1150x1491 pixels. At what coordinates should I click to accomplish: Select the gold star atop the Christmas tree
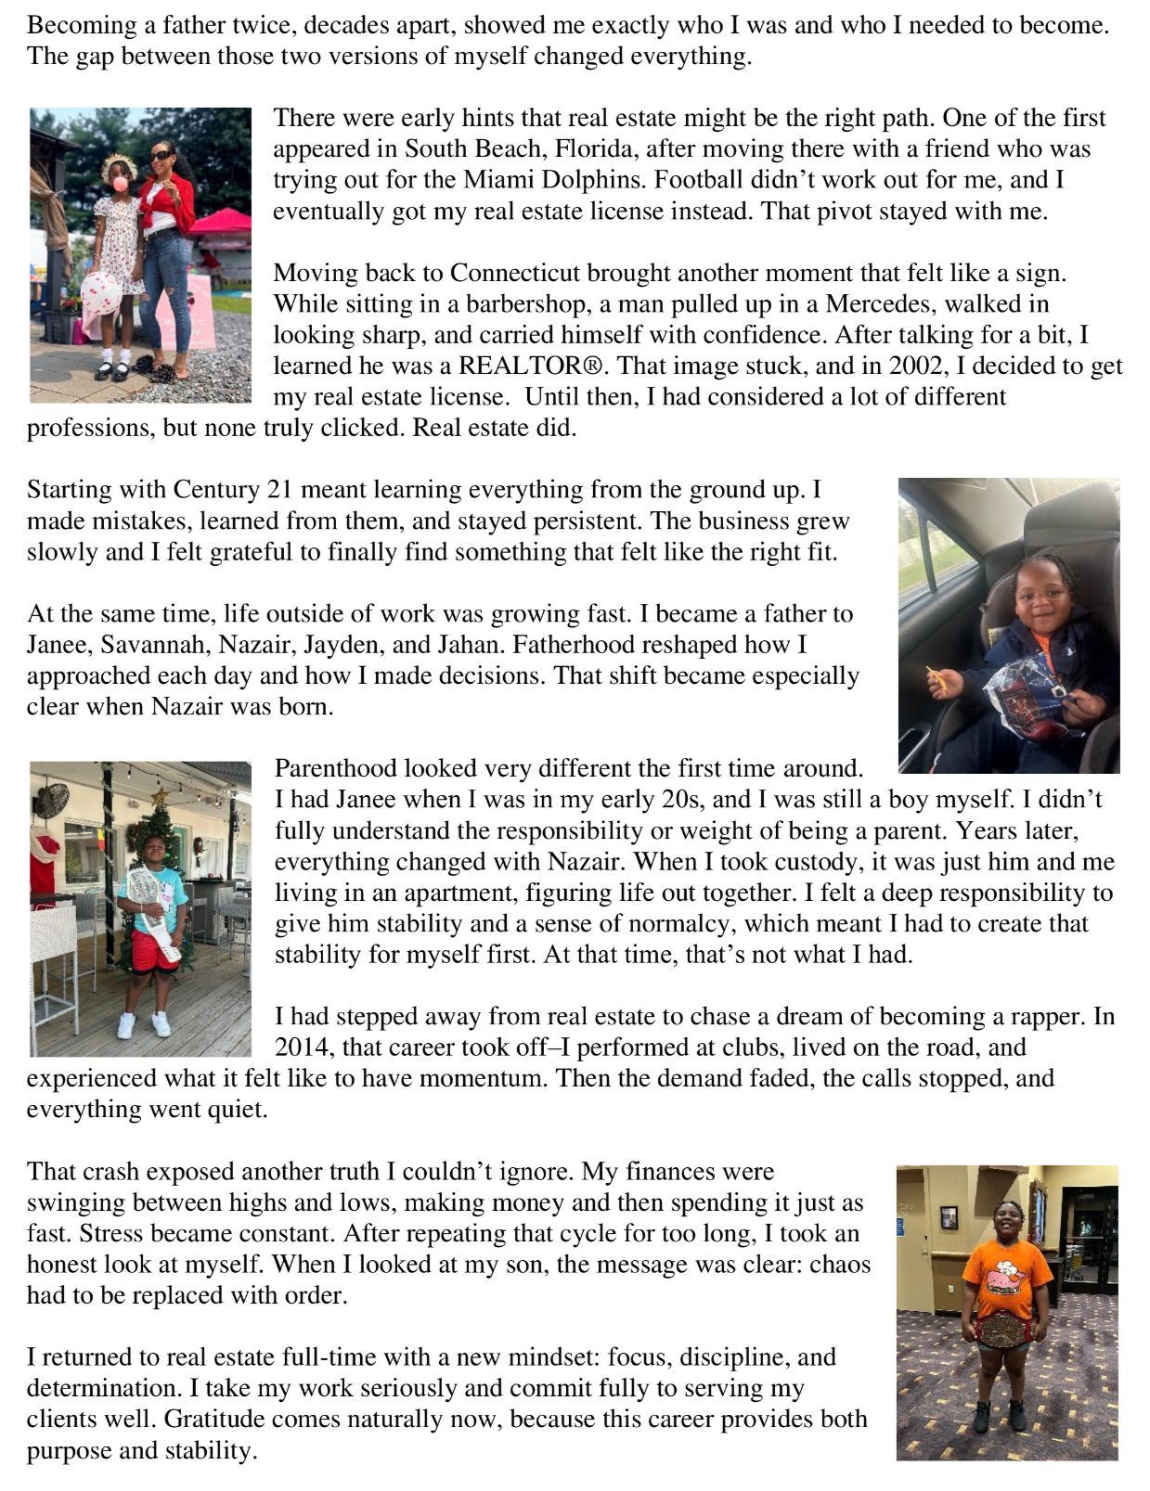coord(159,794)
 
